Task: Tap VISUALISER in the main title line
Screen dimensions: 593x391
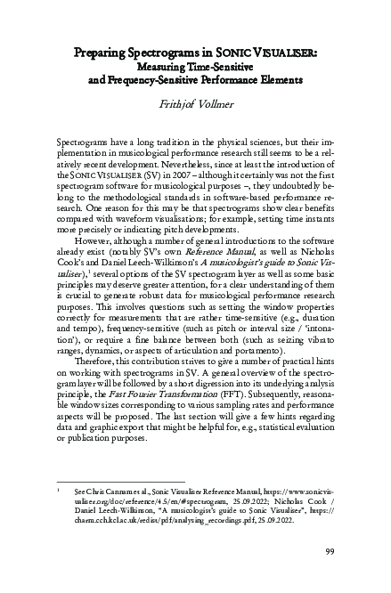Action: pos(287,52)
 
